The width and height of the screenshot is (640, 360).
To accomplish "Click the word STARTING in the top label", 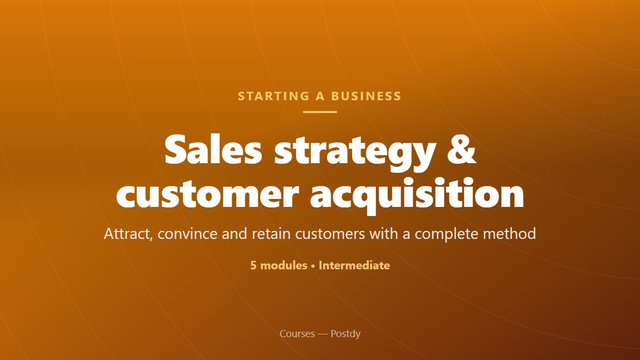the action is [274, 96].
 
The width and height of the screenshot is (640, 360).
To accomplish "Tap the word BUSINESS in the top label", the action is [366, 96].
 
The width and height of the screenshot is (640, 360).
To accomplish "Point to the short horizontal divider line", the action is [320, 112].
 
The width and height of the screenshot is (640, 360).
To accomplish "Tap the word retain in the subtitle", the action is [271, 234].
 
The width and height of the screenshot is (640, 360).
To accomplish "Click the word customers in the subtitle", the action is [330, 234].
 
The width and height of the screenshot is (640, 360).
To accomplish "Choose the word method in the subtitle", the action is [509, 233].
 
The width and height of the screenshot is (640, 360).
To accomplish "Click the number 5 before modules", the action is [253, 266].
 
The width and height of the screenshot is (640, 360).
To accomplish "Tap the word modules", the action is [284, 266].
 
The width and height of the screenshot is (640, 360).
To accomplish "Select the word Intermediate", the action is [354, 266].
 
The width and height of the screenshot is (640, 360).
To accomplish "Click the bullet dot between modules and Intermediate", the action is [313, 266].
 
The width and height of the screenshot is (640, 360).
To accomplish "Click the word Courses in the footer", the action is [297, 334].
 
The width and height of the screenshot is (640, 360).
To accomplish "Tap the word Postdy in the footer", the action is [346, 334].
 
